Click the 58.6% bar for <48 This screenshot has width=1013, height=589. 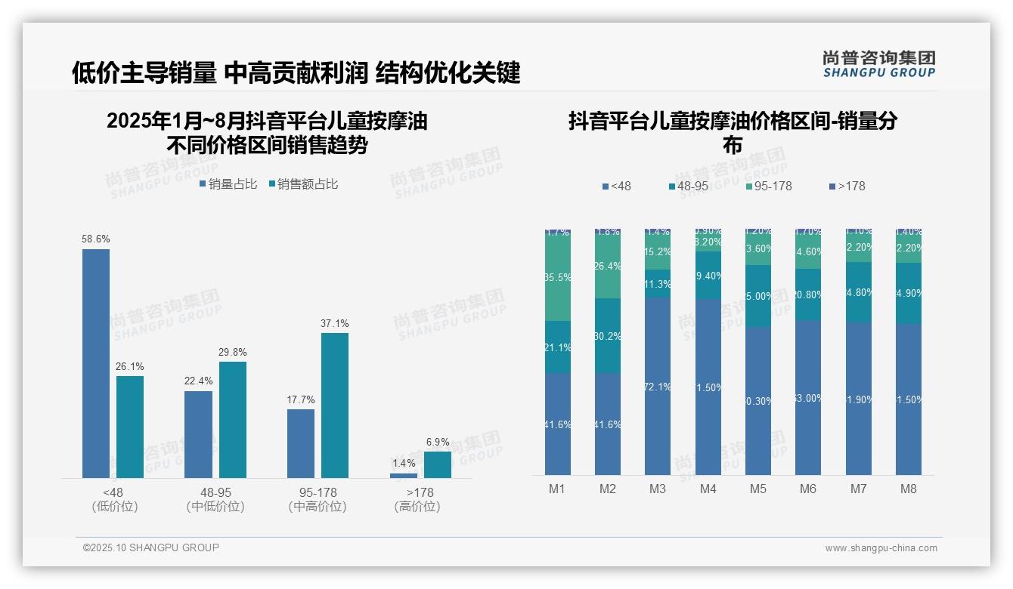point(96,363)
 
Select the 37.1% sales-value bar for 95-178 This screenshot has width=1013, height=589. point(335,406)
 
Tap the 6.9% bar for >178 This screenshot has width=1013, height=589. point(437,464)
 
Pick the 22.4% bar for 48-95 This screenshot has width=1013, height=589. point(198,434)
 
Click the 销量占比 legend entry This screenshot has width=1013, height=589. point(228,184)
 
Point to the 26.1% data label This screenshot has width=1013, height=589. point(130,367)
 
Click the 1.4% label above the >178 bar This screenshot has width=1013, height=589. point(404,463)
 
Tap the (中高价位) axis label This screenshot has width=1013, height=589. point(318,507)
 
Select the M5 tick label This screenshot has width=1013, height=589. point(757,489)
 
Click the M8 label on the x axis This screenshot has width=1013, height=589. point(908,489)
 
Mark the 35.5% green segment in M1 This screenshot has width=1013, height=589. point(558,277)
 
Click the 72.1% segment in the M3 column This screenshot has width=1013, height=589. point(658,386)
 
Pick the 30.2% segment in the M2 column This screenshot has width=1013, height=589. point(608,336)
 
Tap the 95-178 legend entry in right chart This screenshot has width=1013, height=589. point(768,186)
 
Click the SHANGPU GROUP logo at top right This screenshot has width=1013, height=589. point(878,64)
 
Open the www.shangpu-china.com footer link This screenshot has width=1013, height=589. point(881,548)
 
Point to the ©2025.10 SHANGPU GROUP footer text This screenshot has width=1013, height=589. point(151,547)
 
